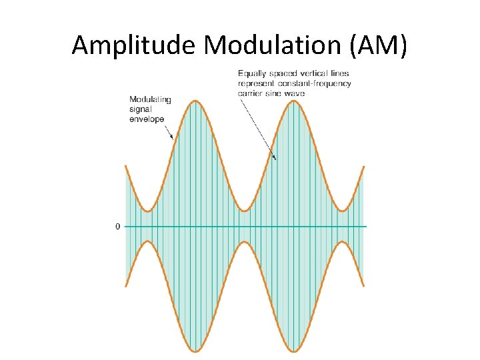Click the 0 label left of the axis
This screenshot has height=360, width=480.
click(x=118, y=227)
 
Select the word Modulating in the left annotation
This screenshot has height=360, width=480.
click(x=150, y=100)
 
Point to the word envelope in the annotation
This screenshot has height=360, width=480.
click(x=147, y=119)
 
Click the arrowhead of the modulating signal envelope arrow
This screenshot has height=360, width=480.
click(x=173, y=137)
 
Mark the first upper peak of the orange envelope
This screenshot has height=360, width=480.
click(x=195, y=101)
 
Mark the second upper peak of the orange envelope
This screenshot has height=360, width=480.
click(x=294, y=101)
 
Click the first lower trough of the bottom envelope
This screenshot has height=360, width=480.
click(x=195, y=351)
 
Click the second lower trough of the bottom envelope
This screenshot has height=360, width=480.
click(x=294, y=351)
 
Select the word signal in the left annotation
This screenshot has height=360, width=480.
click(x=139, y=109)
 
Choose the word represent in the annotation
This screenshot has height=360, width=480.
click(x=255, y=83)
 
